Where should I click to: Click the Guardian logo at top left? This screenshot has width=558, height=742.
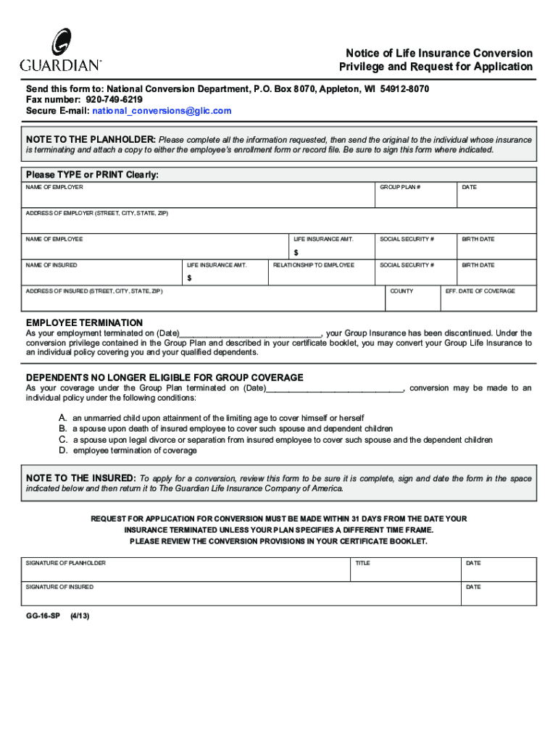(60, 50)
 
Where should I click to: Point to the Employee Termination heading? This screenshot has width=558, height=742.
(84, 322)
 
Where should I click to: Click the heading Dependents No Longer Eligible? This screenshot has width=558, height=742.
(165, 378)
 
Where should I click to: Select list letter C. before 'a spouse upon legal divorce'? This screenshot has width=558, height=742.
(64, 440)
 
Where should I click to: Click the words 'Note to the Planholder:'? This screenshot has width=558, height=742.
(91, 139)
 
